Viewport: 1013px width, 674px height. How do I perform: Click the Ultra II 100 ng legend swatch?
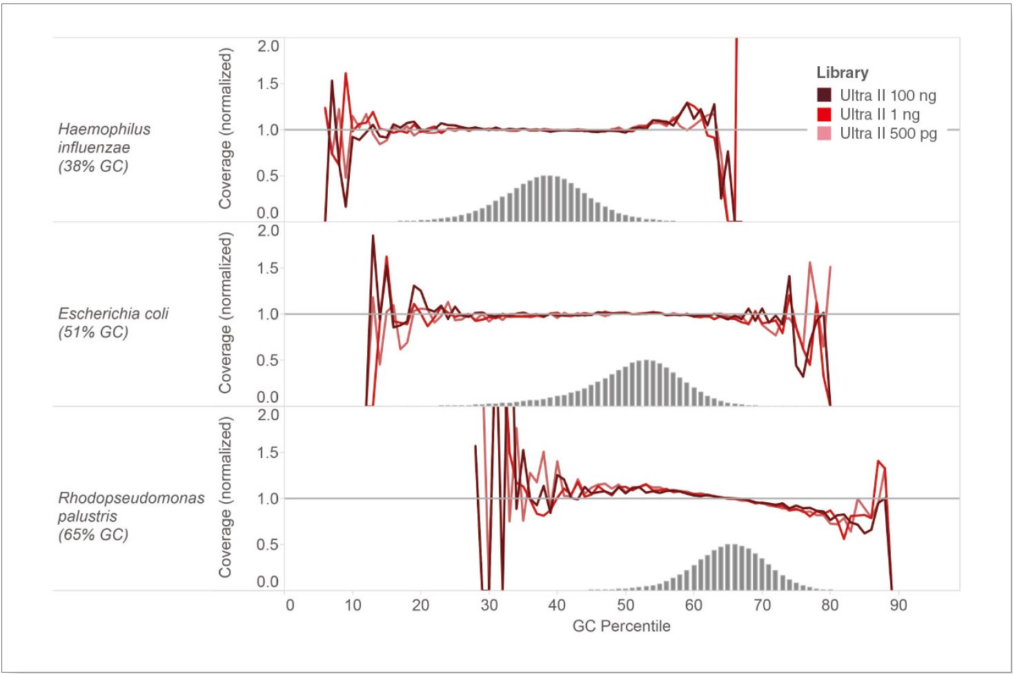(x=824, y=95)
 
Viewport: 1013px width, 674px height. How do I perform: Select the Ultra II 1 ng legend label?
(x=879, y=115)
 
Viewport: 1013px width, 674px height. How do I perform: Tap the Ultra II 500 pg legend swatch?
(x=824, y=133)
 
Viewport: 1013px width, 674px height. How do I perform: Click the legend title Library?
(x=842, y=72)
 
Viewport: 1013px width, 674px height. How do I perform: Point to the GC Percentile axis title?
(x=621, y=626)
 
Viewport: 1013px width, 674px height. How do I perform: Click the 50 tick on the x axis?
(x=624, y=605)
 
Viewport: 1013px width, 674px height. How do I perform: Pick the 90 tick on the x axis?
(x=898, y=605)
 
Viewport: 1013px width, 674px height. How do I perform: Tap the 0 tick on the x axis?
(x=290, y=605)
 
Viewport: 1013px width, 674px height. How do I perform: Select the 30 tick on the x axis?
(x=489, y=605)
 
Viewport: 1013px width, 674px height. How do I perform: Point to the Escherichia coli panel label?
(x=113, y=323)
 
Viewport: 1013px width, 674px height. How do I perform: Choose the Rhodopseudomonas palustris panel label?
(x=131, y=516)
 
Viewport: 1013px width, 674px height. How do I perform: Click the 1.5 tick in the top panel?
(x=268, y=84)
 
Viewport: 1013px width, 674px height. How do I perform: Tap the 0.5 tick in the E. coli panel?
(x=268, y=360)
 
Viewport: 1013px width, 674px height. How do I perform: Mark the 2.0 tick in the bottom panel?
(x=268, y=415)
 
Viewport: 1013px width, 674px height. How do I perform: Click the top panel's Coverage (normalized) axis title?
(x=226, y=128)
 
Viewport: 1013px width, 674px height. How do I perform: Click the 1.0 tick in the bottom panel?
(x=268, y=499)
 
